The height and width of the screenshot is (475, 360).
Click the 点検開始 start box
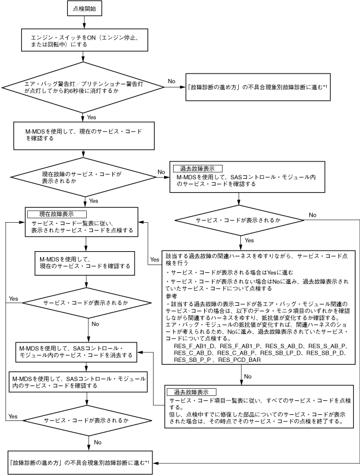point(83,9)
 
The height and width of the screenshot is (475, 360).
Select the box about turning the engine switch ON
point(83,41)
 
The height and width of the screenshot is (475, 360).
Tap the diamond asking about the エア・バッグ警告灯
point(83,88)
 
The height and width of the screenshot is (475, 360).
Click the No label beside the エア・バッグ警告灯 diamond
point(172,81)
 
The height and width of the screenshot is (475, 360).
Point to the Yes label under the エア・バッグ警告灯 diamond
point(92,117)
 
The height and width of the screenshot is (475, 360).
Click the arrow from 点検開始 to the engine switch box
point(83,22)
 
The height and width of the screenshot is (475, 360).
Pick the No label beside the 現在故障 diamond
point(161,173)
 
